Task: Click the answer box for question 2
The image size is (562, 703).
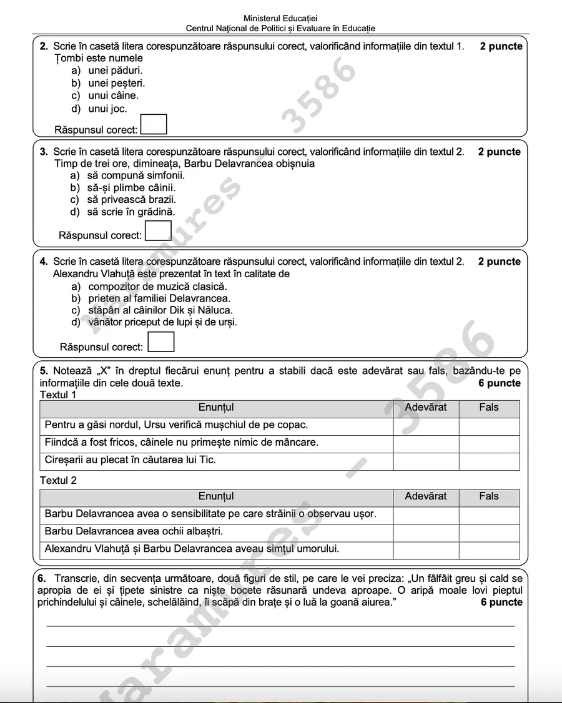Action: coord(154,124)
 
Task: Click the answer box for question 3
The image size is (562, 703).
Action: coord(158,230)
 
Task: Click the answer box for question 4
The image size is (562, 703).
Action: coord(161,342)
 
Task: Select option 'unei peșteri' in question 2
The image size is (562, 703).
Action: coord(116,83)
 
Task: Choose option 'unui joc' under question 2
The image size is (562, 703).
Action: coord(107,109)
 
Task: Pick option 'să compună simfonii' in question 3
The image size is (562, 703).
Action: coord(136,175)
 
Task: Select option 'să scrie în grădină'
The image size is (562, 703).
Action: coord(131,212)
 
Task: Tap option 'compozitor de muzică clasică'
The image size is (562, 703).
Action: coord(157,287)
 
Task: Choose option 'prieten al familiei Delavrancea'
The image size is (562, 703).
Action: coord(159,298)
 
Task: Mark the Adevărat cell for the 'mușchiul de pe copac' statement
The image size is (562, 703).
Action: coord(426,426)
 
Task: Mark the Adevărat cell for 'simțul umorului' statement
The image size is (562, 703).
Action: coord(426,550)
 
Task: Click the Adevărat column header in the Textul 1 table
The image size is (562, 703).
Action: coord(426,408)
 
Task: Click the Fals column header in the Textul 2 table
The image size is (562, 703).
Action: coord(489,496)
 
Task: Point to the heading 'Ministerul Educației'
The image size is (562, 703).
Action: coord(280,19)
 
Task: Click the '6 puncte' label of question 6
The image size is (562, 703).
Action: coord(501,602)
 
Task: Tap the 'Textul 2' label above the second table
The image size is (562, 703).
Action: coord(58,480)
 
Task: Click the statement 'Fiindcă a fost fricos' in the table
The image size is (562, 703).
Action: coord(181,443)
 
